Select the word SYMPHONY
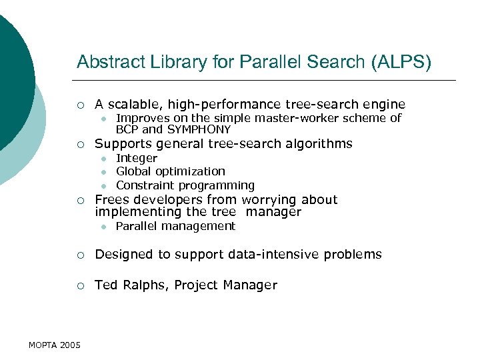point(199,130)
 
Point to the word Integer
point(137,159)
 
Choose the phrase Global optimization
point(171,172)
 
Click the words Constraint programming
point(185,185)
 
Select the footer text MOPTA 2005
point(55,345)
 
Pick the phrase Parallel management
point(175,227)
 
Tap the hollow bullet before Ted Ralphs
point(80,285)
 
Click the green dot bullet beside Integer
point(104,159)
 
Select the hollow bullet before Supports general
point(80,144)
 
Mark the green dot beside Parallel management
point(104,227)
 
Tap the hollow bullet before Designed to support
point(80,254)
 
